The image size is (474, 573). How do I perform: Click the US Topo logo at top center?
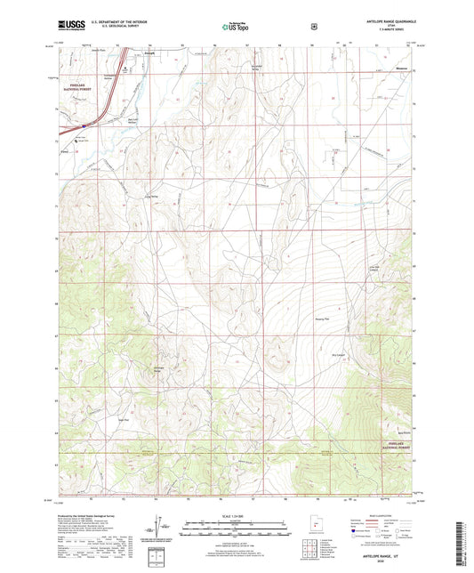click(236, 28)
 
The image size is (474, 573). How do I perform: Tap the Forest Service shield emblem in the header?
click(314, 27)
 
